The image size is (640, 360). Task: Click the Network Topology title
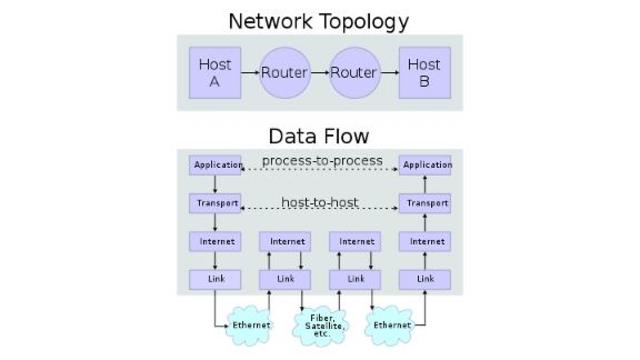[x=318, y=20]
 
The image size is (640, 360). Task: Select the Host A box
[x=215, y=73]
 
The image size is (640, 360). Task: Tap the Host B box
[x=424, y=73]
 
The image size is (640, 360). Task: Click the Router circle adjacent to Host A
[x=284, y=73]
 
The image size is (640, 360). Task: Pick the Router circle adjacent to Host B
[x=354, y=73]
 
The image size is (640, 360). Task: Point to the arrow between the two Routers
[x=319, y=73]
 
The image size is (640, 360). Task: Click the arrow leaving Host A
[x=250, y=73]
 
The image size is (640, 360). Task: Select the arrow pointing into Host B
[x=389, y=73]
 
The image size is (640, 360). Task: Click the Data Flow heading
[x=318, y=136]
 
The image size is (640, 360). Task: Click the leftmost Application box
[x=218, y=165]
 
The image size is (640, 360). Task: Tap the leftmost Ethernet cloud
[x=251, y=325]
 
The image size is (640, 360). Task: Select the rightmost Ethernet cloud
[x=391, y=325]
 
